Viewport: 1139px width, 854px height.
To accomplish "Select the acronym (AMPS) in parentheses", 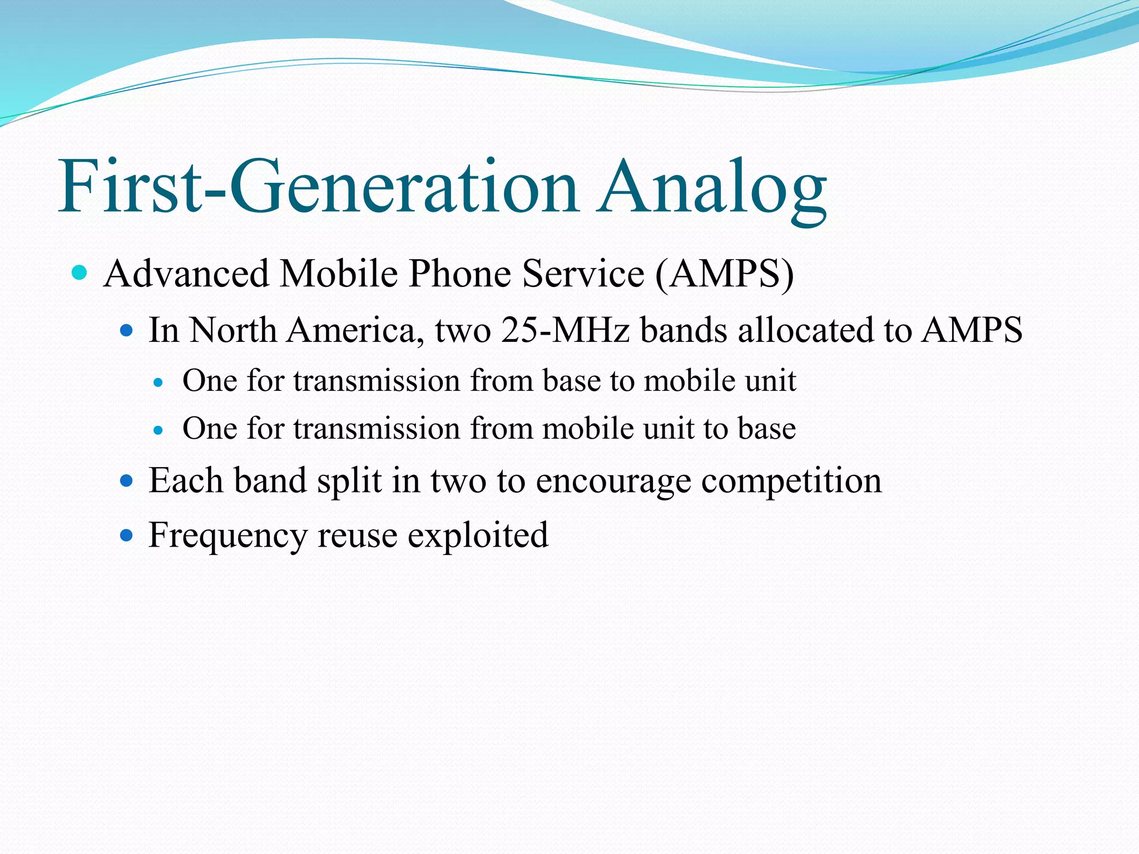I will (x=724, y=274).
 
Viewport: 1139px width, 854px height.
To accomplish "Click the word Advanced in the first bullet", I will (x=186, y=274).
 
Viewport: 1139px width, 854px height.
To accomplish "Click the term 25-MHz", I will (x=565, y=330).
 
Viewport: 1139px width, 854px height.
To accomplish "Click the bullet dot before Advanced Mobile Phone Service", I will (x=80, y=273).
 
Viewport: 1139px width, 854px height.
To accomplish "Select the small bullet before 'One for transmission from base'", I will (x=159, y=383).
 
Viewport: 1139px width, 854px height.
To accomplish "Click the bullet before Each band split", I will (x=127, y=480).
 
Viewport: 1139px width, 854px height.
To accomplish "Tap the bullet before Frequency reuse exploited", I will (x=127, y=535).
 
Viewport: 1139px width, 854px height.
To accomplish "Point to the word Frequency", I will (x=228, y=536).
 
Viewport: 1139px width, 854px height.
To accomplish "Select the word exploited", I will (x=478, y=536).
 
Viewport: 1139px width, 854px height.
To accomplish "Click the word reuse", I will (x=357, y=536).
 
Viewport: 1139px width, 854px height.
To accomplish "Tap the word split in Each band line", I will (x=349, y=481).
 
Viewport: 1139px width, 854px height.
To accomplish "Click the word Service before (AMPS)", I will (x=583, y=274).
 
